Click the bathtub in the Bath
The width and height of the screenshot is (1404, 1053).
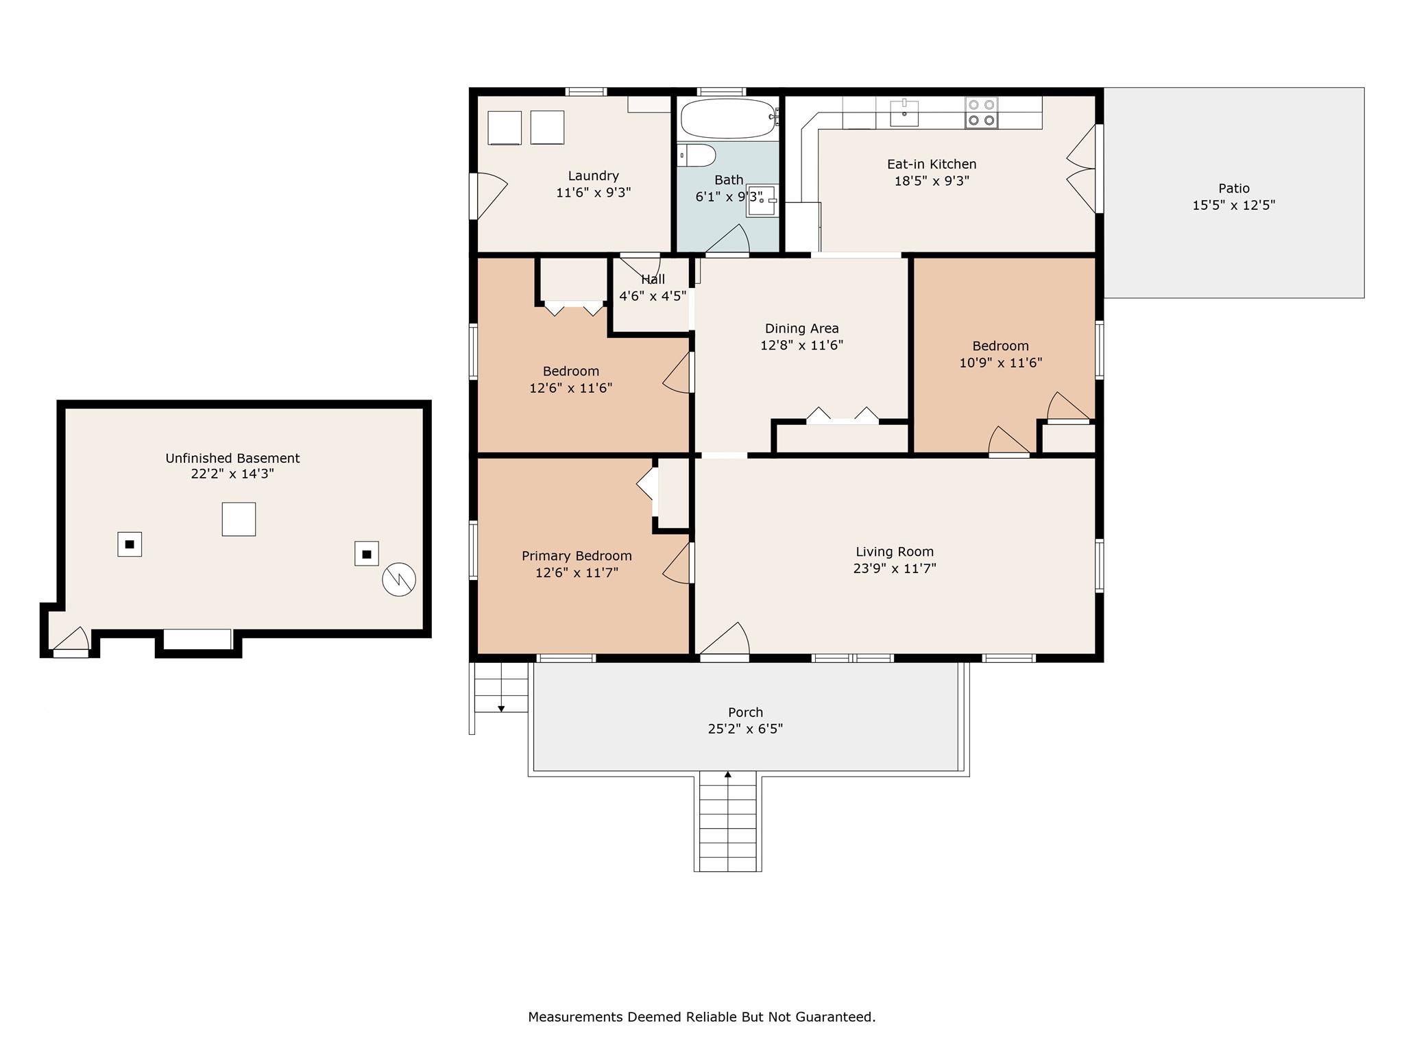tap(728, 119)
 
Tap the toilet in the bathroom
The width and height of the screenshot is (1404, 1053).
tap(697, 156)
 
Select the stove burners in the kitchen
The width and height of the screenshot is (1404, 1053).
tap(982, 112)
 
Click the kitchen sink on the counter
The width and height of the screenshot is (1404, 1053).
tap(904, 113)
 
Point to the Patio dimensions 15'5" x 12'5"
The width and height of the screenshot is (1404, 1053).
tap(1233, 205)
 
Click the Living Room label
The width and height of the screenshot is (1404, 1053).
tap(895, 551)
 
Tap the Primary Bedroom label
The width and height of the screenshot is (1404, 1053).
tap(577, 556)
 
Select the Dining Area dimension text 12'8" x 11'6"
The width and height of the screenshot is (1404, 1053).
tap(801, 346)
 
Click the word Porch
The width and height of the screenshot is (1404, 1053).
tap(745, 712)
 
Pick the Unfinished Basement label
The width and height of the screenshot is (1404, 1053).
tap(232, 458)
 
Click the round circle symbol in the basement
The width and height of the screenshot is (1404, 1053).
tap(399, 580)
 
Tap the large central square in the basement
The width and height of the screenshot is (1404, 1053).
tap(239, 519)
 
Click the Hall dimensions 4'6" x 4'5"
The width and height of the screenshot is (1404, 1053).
tap(653, 296)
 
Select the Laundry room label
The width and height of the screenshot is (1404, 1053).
tap(594, 176)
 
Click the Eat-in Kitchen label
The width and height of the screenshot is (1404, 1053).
tap(932, 165)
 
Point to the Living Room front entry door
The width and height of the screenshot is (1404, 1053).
tap(725, 640)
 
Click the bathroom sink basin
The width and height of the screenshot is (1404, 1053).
tap(761, 200)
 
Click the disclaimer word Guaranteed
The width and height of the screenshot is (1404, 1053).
tap(834, 1017)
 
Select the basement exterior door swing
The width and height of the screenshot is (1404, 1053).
tap(71, 639)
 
